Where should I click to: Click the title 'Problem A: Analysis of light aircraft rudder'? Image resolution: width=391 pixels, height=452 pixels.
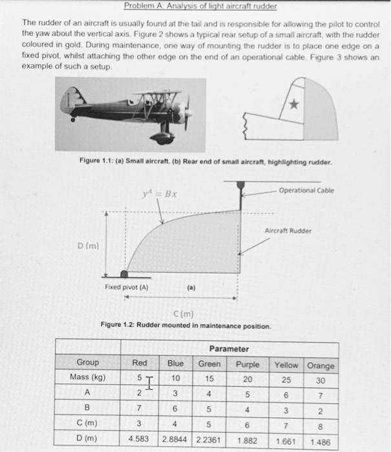(x=200, y=6)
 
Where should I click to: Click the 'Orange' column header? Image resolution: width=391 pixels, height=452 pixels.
(x=321, y=365)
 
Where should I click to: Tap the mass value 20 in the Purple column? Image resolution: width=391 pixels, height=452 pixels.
(x=248, y=378)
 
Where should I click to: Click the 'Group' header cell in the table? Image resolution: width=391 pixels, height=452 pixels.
(x=88, y=363)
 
